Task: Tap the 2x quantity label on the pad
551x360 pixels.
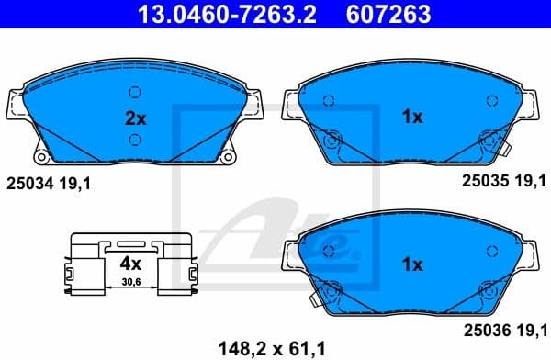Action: pos(136,117)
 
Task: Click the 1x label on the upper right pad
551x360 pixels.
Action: pos(413,117)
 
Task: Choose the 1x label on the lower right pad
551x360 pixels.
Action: pos(413,264)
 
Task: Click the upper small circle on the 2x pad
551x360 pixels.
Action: pos(135,91)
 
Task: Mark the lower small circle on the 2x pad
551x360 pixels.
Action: pos(135,140)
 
